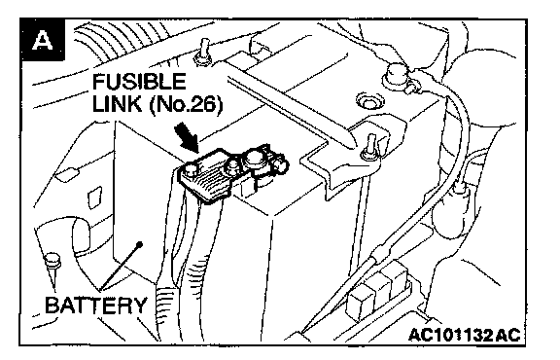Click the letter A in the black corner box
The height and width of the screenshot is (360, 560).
tap(43, 40)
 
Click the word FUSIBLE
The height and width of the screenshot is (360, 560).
tap(139, 82)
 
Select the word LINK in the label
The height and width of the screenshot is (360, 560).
tap(117, 104)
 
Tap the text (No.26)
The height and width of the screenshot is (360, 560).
tap(186, 104)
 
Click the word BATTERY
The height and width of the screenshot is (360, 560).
tap(96, 305)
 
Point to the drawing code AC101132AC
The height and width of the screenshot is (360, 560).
tap(465, 335)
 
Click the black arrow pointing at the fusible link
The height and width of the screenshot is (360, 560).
tap(188, 137)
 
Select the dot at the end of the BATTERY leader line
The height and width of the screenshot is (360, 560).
tap(140, 244)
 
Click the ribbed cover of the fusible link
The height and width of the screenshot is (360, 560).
tap(206, 180)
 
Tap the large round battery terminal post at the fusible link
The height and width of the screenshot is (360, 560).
tap(255, 159)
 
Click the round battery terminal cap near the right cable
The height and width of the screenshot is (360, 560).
tap(395, 76)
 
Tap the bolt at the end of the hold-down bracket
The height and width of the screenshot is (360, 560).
tap(369, 147)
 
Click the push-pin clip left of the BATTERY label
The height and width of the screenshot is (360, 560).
tap(52, 267)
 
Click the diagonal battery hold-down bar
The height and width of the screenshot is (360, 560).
tap(290, 105)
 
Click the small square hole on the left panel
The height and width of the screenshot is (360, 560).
tap(94, 197)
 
